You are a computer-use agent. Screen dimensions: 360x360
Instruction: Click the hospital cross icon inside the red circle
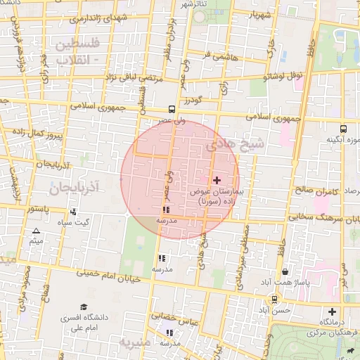(216, 181)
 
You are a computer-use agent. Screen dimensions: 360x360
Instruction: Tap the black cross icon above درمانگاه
(332, 311)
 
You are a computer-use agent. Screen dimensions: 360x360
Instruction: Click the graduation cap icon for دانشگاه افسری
(84, 307)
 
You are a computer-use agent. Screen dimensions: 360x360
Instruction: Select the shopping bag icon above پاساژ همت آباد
(285, 271)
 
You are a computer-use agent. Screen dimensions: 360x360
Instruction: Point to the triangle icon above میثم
(37, 231)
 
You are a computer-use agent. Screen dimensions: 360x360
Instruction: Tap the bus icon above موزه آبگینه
(343, 129)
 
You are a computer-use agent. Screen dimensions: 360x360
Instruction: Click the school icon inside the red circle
(166, 210)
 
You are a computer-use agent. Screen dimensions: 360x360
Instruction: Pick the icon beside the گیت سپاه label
(73, 212)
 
